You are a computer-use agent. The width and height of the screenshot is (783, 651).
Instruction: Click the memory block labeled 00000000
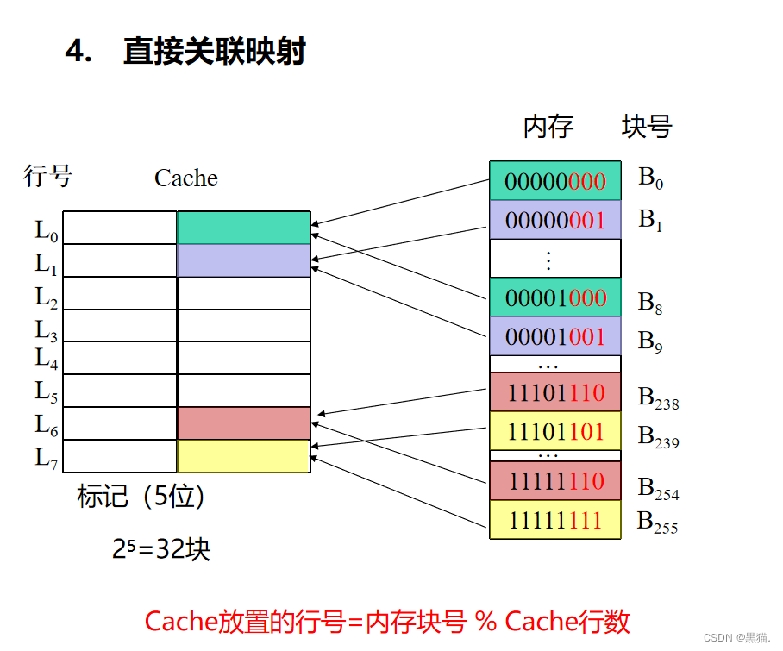[x=555, y=181]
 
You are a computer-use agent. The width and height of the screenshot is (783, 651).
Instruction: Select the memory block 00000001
[x=555, y=220]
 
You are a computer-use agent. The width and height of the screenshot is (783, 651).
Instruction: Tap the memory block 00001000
[x=555, y=297]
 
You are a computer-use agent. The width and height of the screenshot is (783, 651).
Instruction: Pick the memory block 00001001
[x=555, y=336]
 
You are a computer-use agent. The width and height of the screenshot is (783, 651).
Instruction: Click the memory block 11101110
[x=555, y=393]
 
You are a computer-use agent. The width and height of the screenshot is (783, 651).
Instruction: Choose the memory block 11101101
[x=555, y=430]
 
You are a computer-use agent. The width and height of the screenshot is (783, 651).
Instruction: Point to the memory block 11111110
[x=555, y=480]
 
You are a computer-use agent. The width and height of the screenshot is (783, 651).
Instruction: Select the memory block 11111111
[x=555, y=519]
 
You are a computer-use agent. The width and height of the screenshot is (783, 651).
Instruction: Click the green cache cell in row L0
[x=243, y=228]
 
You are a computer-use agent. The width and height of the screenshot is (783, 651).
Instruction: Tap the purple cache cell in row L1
[x=243, y=260]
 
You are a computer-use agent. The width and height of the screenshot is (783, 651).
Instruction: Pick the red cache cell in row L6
[x=243, y=423]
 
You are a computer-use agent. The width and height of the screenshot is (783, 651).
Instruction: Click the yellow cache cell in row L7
[x=243, y=456]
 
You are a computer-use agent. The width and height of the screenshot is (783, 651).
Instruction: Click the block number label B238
[x=658, y=397]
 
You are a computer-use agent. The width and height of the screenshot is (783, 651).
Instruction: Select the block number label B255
[x=657, y=522]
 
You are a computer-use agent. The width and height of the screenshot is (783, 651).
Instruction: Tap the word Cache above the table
[x=185, y=178]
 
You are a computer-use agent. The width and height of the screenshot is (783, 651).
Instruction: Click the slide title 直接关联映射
[x=214, y=53]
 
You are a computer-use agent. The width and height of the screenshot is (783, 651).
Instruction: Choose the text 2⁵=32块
[x=161, y=549]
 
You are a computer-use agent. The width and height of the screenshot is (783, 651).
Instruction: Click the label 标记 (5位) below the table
[x=141, y=497]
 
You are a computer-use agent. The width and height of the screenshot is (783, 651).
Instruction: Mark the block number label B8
[x=651, y=303]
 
